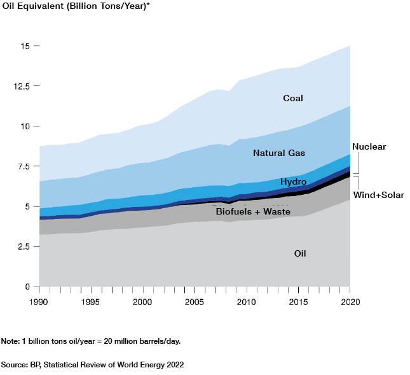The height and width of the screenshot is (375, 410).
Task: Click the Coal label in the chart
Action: [293, 98]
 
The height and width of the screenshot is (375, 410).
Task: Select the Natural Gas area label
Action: [279, 153]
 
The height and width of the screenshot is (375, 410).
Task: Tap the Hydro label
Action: [294, 183]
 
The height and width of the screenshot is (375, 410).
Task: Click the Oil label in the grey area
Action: [301, 253]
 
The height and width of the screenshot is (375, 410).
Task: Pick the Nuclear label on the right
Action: [369, 146]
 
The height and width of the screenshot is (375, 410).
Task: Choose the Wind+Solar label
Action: [378, 195]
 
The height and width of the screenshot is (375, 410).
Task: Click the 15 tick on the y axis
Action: [25, 46]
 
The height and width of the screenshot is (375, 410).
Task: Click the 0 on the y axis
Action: [27, 287]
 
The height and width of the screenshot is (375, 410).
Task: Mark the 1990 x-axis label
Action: [39, 302]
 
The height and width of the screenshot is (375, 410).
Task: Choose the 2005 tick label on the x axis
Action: [195, 302]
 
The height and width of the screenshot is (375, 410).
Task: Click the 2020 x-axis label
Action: [350, 302]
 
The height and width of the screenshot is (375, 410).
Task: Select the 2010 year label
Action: [246, 302]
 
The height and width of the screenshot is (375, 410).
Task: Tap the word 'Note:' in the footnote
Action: [11, 341]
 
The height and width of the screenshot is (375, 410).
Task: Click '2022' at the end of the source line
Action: [174, 365]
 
